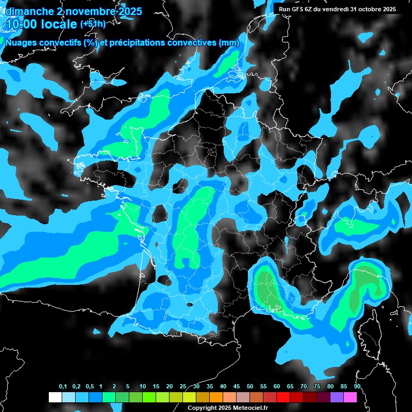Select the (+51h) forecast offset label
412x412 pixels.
[92, 24]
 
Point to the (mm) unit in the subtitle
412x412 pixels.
[229, 43]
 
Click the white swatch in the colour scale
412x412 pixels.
[55, 397]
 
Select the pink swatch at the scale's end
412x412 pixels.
[350, 397]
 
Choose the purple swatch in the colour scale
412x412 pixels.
[336, 397]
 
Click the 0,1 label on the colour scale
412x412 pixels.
[63, 387]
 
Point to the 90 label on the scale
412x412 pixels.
[357, 387]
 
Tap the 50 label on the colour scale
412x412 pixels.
[250, 387]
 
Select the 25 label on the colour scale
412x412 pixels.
[183, 387]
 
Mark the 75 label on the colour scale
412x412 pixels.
[317, 387]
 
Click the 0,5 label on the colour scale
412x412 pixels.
[90, 387]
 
